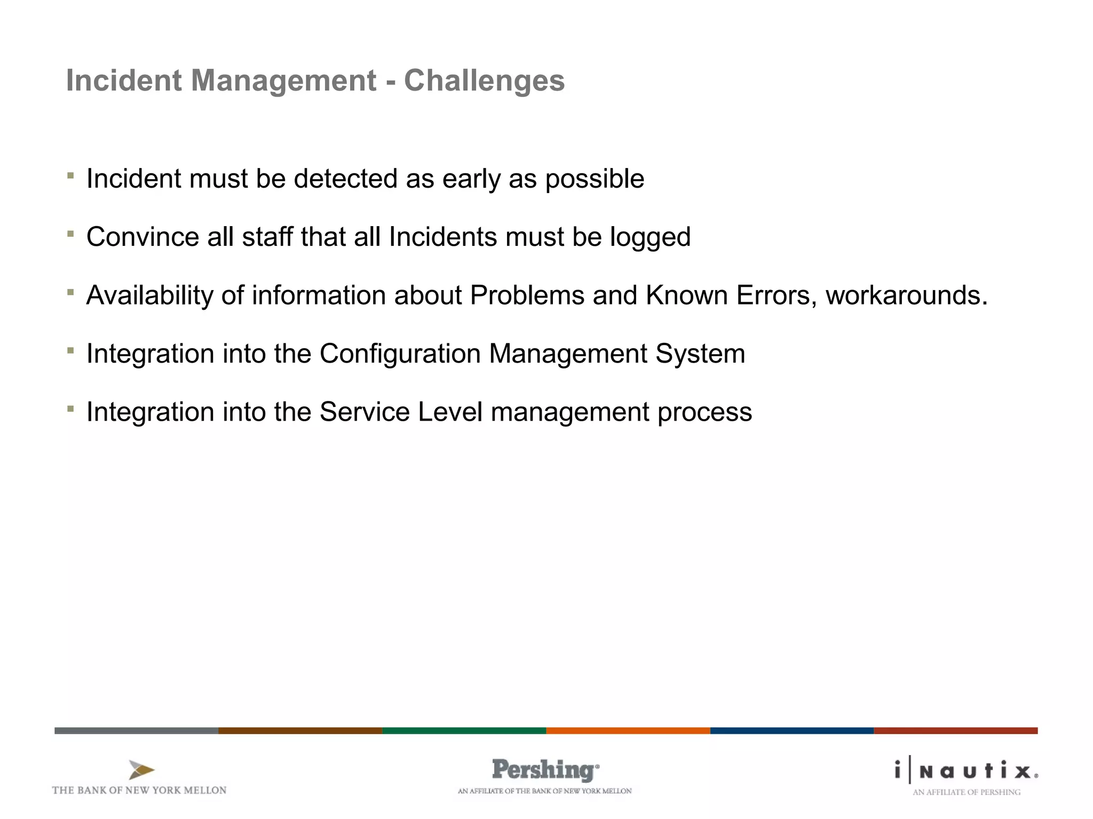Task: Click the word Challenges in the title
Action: click(x=484, y=81)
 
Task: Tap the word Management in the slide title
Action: click(x=283, y=81)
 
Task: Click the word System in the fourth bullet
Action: click(x=700, y=354)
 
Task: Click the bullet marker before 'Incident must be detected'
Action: click(x=70, y=175)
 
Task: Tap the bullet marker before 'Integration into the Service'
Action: click(x=70, y=408)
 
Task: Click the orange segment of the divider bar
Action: click(x=628, y=730)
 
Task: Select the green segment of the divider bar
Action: click(x=464, y=730)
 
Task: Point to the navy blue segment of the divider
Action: click(x=791, y=730)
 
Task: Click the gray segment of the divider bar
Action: click(x=136, y=730)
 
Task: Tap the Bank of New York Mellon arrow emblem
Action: click(x=141, y=770)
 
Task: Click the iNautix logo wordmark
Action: click(x=966, y=771)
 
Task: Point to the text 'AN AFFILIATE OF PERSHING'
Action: click(x=966, y=792)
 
